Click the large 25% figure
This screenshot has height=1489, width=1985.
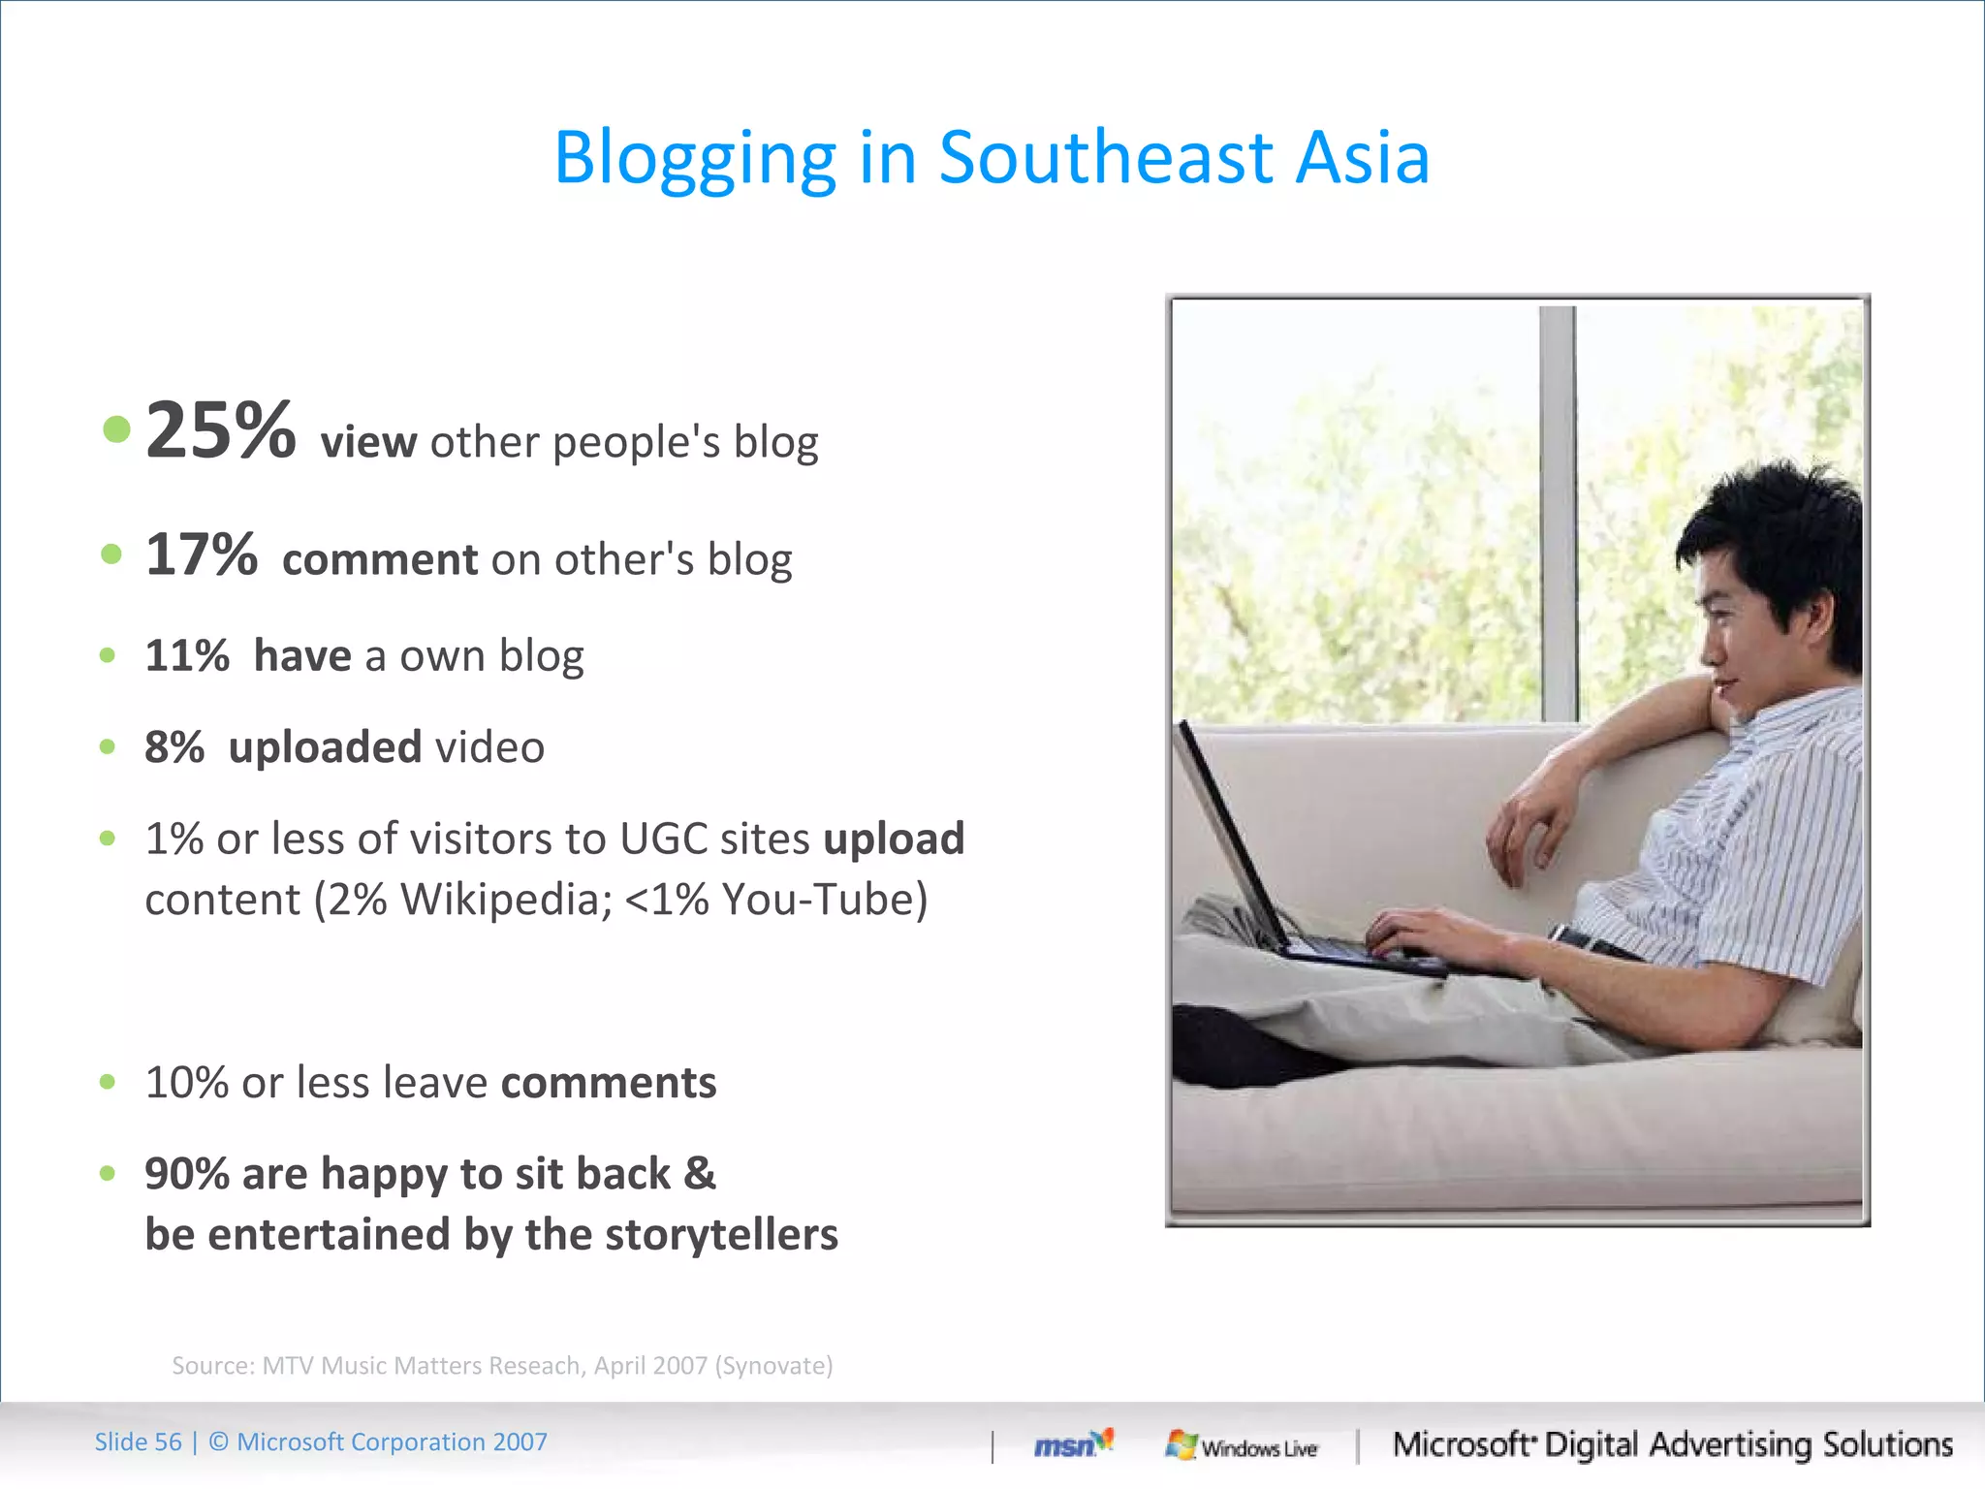click(220, 430)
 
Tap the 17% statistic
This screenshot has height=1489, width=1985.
click(201, 554)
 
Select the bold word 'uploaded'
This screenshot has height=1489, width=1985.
click(325, 747)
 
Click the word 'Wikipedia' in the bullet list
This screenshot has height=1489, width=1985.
click(506, 900)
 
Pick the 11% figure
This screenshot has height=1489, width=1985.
click(187, 656)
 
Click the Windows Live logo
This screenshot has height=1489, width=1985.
click(1242, 1446)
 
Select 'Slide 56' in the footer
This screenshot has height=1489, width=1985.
click(138, 1442)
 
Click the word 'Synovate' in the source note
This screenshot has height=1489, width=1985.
click(773, 1366)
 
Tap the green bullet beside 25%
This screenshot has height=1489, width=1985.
click(116, 428)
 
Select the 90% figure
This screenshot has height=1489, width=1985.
click(186, 1174)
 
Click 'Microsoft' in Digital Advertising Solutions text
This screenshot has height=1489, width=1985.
click(1464, 1444)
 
